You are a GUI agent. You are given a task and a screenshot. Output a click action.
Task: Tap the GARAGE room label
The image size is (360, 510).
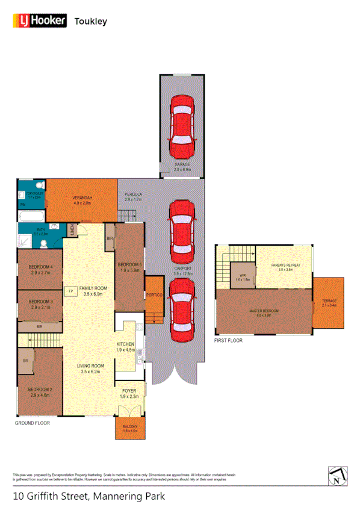tap(182, 164)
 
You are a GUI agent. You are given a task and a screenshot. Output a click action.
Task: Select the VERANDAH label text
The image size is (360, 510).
tap(82, 198)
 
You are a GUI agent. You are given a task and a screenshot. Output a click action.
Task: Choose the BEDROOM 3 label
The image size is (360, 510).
tap(39, 301)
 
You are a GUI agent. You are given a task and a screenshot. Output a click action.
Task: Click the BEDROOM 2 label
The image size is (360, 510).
tap(39, 389)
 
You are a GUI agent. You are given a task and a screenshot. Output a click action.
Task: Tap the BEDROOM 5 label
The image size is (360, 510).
tap(129, 265)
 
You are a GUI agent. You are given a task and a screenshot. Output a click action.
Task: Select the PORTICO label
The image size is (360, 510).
tap(154, 295)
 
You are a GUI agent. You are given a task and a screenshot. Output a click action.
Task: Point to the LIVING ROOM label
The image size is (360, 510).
tap(90, 365)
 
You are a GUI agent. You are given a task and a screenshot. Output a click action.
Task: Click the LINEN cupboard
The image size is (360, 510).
tap(71, 230)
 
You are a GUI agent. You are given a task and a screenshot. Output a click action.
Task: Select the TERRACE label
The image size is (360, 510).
tap(329, 300)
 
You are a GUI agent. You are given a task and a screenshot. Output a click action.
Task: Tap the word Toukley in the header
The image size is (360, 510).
tap(90, 21)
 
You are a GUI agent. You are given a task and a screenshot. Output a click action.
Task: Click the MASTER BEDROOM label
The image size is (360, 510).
tap(264, 311)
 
